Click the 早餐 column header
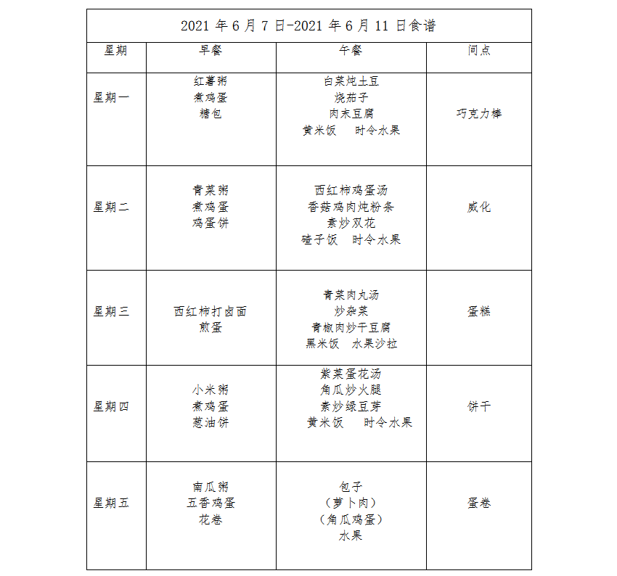point(211,50)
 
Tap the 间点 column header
point(479,50)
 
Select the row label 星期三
point(111,311)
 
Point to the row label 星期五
point(111,503)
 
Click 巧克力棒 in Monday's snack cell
point(479,114)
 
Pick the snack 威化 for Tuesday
point(479,207)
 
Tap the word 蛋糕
point(479,311)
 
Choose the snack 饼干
point(479,406)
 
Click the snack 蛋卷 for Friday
point(479,503)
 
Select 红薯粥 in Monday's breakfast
point(211,81)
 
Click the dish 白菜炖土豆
point(351,81)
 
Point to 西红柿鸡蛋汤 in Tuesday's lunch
point(351,190)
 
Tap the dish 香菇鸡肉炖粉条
point(351,207)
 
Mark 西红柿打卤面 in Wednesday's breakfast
point(211,311)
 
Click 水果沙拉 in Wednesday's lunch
point(375,344)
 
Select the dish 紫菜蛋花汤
point(351,374)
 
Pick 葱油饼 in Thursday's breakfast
point(211,422)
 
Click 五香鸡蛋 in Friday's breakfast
point(211,503)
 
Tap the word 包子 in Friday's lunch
point(351,487)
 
